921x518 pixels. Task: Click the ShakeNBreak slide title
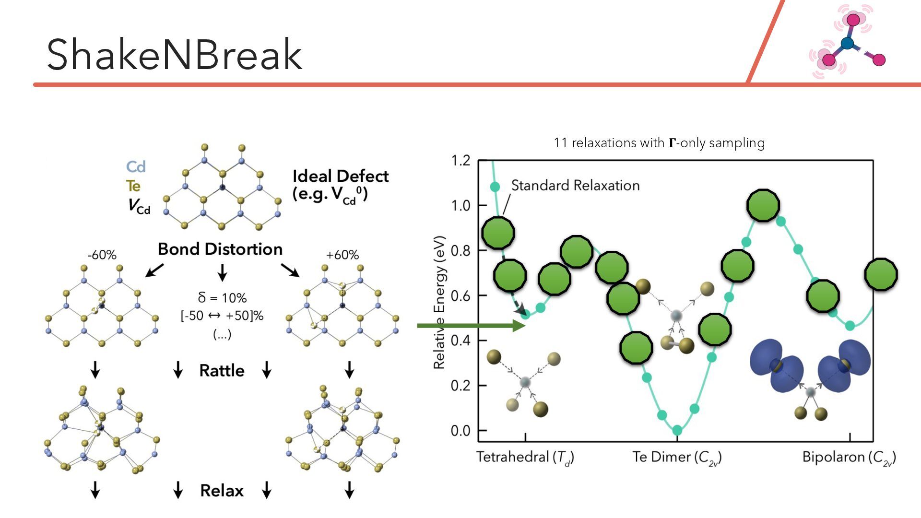point(174,54)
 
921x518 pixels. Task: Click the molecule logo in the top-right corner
point(847,42)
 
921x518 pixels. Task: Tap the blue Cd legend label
point(136,167)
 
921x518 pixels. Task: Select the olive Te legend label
point(133,186)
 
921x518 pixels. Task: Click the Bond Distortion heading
point(220,249)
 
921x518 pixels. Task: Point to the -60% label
point(102,255)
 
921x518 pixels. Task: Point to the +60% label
point(342,255)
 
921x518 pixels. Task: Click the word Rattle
point(222,371)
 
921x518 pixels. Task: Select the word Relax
point(222,491)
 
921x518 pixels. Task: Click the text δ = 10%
point(222,298)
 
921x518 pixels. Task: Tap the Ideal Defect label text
point(340,176)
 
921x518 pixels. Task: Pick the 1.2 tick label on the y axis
point(460,161)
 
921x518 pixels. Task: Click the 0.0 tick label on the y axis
point(460,431)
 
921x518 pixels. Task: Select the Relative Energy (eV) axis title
point(439,302)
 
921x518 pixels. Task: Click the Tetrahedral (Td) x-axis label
point(525,457)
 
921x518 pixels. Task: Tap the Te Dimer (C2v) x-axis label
point(677,457)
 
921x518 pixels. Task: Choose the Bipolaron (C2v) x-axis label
point(849,457)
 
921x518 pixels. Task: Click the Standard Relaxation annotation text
point(575,185)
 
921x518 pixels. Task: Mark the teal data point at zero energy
point(677,430)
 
